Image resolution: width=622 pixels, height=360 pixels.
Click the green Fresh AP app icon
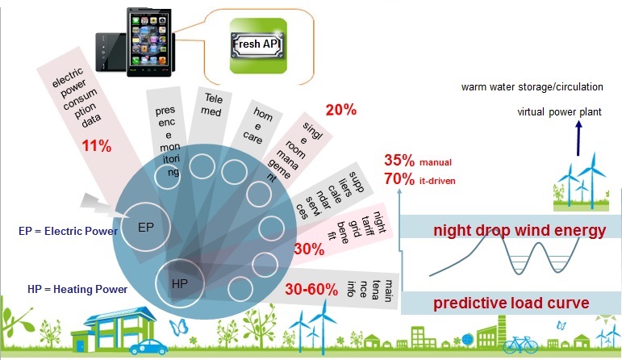258,46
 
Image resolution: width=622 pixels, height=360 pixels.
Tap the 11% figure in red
97,146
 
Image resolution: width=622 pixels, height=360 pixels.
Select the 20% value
341,110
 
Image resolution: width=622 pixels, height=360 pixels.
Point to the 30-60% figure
311,289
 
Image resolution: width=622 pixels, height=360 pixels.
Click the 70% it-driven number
399,178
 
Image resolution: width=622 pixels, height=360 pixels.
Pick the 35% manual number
399,161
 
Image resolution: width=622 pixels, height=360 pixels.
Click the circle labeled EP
145,227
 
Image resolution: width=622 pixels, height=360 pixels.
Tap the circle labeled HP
180,283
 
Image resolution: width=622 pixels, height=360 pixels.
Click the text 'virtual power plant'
559,112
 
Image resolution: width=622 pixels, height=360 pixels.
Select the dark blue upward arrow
578,138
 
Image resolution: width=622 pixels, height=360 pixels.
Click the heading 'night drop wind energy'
520,231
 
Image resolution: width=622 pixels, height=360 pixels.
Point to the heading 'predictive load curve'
511,303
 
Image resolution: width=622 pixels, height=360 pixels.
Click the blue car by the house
148,346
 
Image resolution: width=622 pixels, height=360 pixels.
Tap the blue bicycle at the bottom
520,345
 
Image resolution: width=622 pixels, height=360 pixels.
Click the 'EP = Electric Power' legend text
69,231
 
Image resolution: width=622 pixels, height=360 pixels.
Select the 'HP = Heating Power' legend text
77,289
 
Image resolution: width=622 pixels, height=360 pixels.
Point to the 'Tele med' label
212,104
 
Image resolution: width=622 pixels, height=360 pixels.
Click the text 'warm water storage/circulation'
532,87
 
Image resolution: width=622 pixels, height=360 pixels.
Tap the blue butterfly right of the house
178,327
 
